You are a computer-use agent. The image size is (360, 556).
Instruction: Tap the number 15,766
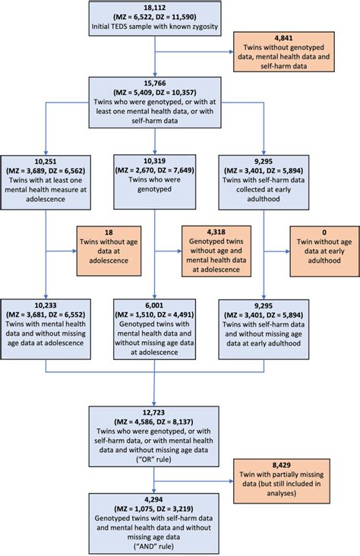click(154, 82)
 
